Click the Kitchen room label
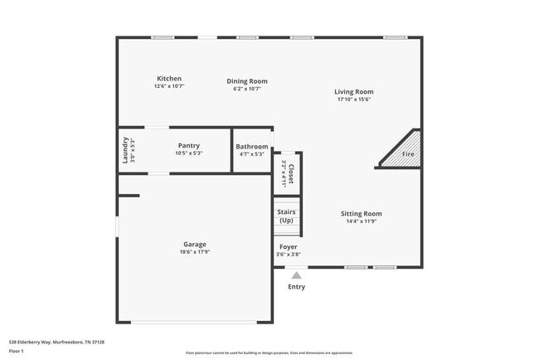coord(168,79)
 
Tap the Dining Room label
coord(247,81)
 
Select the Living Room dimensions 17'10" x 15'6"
coord(353,99)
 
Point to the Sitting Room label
coord(362,213)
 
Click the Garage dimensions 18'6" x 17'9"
coord(195,251)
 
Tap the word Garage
coord(195,244)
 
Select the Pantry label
coord(189,146)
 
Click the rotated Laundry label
coord(125,149)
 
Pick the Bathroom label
coord(252,146)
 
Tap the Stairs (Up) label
coord(286,216)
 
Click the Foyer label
coord(288,247)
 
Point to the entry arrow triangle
coord(296,273)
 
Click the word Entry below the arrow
coord(296,287)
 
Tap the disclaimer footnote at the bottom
coord(269,353)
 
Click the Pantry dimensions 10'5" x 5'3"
coord(189,153)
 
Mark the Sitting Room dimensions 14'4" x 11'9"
coord(362,221)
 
